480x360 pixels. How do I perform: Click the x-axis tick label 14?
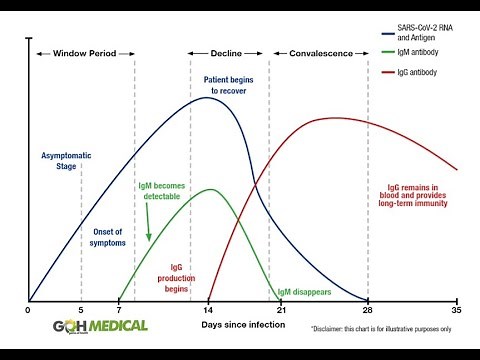[x=209, y=311]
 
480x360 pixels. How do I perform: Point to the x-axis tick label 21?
[x=280, y=311]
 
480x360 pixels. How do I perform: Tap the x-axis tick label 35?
[x=457, y=311]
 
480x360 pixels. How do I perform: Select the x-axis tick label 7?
[x=118, y=311]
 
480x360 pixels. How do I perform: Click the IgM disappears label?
[x=305, y=291]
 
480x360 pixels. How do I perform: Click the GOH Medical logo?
[x=101, y=325]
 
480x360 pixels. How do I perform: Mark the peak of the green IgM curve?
[x=210, y=189]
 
